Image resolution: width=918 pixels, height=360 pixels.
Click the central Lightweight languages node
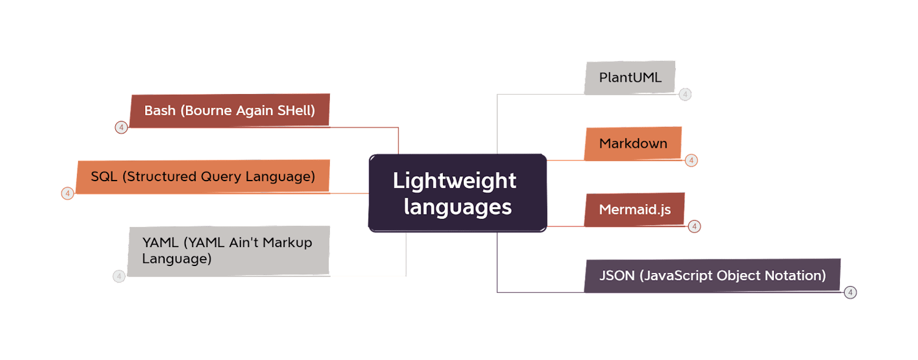[x=457, y=193]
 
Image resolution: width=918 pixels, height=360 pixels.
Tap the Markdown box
[x=633, y=144]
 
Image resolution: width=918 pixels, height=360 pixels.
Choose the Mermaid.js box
[x=634, y=210]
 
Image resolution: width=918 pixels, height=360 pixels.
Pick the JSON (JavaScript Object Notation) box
[x=712, y=276]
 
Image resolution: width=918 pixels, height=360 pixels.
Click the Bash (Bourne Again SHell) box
[x=229, y=110]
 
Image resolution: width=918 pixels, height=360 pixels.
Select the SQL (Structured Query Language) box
[x=203, y=177]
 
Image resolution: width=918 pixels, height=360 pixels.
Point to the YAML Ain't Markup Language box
[x=228, y=251]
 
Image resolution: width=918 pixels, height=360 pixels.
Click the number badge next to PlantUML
[x=685, y=95]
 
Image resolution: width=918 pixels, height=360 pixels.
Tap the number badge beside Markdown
[x=690, y=160]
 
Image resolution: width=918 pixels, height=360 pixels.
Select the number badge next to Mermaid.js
[x=694, y=226]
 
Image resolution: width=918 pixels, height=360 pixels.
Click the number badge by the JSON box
[x=850, y=292]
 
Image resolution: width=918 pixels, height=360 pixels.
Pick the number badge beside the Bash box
[x=121, y=127]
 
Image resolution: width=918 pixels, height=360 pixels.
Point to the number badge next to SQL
[x=68, y=193]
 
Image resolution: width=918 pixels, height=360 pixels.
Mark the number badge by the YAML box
[x=119, y=276]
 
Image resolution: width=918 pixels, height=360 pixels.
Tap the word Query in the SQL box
[x=221, y=177]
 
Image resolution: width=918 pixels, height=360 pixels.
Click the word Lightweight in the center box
[x=454, y=181]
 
